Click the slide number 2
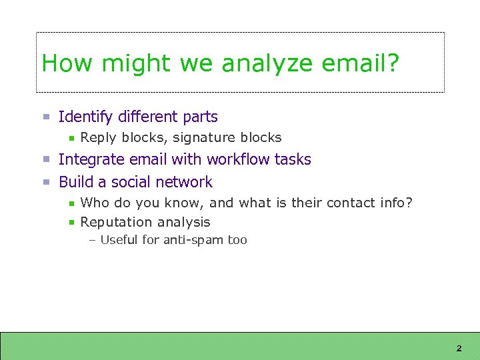(x=459, y=349)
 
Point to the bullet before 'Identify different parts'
(x=47, y=117)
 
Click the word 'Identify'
(x=86, y=117)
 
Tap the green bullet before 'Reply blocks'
(x=71, y=138)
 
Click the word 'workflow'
(x=239, y=159)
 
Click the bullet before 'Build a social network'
(x=47, y=182)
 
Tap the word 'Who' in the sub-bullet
(x=94, y=203)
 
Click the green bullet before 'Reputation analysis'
(x=71, y=223)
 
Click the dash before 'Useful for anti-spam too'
(x=92, y=240)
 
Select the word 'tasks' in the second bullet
(x=293, y=159)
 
